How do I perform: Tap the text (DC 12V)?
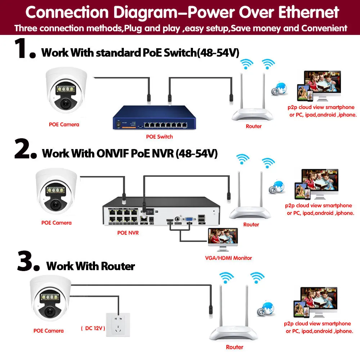click(x=93, y=328)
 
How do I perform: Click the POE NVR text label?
click(x=128, y=233)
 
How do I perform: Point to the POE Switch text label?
click(x=159, y=137)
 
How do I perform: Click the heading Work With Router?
click(x=91, y=266)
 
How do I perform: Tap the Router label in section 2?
click(x=251, y=225)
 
